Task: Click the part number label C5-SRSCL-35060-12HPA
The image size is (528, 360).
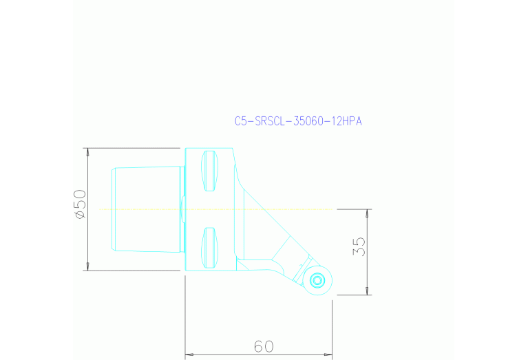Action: [x=298, y=121]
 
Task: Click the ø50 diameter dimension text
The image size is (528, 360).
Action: [x=80, y=205]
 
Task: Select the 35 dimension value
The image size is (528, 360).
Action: [x=359, y=246]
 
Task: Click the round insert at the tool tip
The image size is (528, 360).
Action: [x=317, y=280]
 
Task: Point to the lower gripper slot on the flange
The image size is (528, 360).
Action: [x=210, y=246]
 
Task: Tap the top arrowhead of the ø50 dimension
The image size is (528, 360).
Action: [x=87, y=152]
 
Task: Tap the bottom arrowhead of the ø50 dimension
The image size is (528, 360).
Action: [x=87, y=266]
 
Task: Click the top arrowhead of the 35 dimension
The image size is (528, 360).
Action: [x=367, y=213]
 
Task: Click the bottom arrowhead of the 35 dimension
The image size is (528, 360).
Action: [x=367, y=290]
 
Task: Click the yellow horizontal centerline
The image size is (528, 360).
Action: [x=138, y=209]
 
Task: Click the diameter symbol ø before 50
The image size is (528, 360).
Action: [x=80, y=216]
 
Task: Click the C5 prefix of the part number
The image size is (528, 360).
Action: [x=240, y=121]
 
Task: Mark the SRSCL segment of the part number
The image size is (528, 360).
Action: [x=271, y=121]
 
